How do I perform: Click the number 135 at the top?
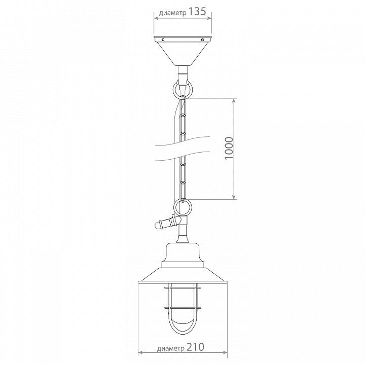(197, 11)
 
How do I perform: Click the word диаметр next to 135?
(173, 13)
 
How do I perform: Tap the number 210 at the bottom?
(195, 347)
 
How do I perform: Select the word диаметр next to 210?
(171, 348)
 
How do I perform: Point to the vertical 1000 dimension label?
(229, 148)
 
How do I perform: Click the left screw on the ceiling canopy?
(163, 40)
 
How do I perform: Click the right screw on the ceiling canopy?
(202, 40)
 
